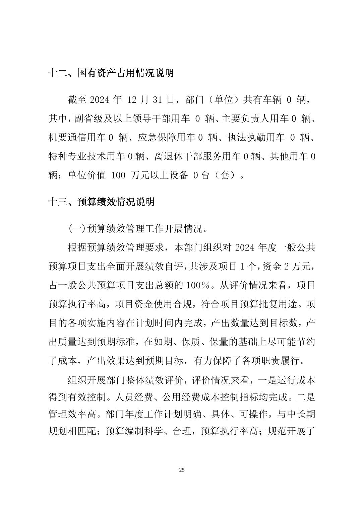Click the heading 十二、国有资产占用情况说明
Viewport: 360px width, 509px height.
[111, 73]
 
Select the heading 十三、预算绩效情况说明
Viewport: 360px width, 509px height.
[102, 202]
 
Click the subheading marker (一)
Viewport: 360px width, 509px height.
[77, 229]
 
